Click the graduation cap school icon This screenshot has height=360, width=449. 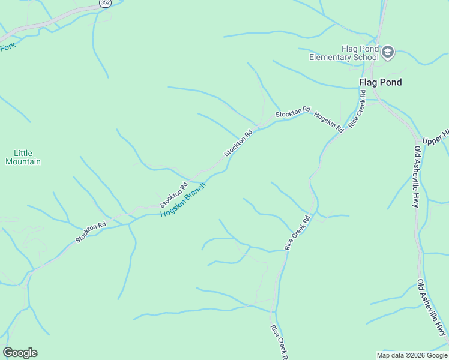pos(387,52)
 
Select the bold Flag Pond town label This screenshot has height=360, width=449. pos(380,82)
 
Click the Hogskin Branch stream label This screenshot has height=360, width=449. pos(183,199)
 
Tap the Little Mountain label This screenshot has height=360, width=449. pos(23,157)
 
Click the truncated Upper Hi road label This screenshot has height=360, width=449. pos(435,140)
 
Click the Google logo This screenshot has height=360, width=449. pos(20,353)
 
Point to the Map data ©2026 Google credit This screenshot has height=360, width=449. pos(411,355)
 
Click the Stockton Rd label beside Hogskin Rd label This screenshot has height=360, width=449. pos(293,112)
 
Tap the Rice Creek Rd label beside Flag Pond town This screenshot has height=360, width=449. pos(358,108)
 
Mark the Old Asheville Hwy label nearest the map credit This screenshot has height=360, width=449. pos(432,307)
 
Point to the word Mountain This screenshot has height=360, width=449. pos(23,161)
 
